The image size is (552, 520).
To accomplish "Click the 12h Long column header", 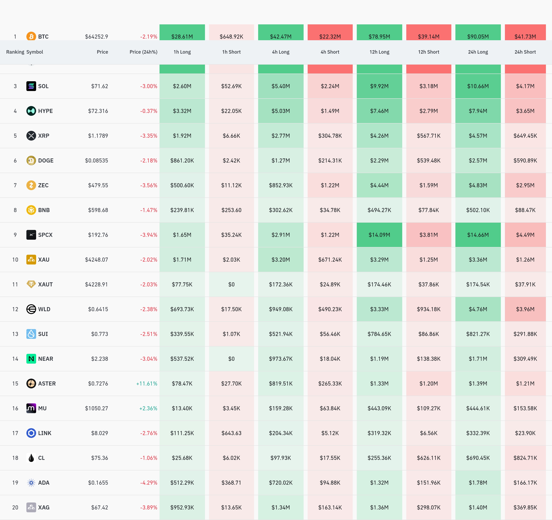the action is tap(379, 52).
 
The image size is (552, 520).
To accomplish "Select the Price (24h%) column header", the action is tap(143, 52).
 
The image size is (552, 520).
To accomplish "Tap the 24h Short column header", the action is tap(525, 52).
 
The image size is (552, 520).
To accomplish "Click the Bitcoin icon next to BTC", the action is tap(31, 36).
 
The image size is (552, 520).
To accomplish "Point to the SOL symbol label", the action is tap(43, 86).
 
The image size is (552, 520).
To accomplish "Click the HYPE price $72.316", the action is tap(98, 111).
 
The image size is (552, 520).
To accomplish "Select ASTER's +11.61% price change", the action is tap(147, 383).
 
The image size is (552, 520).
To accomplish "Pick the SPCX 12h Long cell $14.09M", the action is tap(379, 235).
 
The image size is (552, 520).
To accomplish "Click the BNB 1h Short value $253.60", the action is tap(231, 210).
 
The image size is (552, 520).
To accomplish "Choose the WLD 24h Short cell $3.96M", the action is tap(525, 309).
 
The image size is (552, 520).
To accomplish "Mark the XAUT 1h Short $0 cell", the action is tap(231, 284).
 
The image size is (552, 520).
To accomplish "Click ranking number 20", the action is tap(15, 507).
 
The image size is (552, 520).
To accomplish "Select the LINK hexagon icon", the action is tap(31, 433).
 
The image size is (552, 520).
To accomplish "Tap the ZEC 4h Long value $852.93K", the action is tap(281, 185).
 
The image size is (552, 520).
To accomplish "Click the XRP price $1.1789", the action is tap(98, 136).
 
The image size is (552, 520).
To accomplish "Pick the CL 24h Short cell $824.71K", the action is tap(525, 458).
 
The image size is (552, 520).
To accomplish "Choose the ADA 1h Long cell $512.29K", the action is tap(182, 482).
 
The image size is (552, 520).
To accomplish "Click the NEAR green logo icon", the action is tap(31, 359).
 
